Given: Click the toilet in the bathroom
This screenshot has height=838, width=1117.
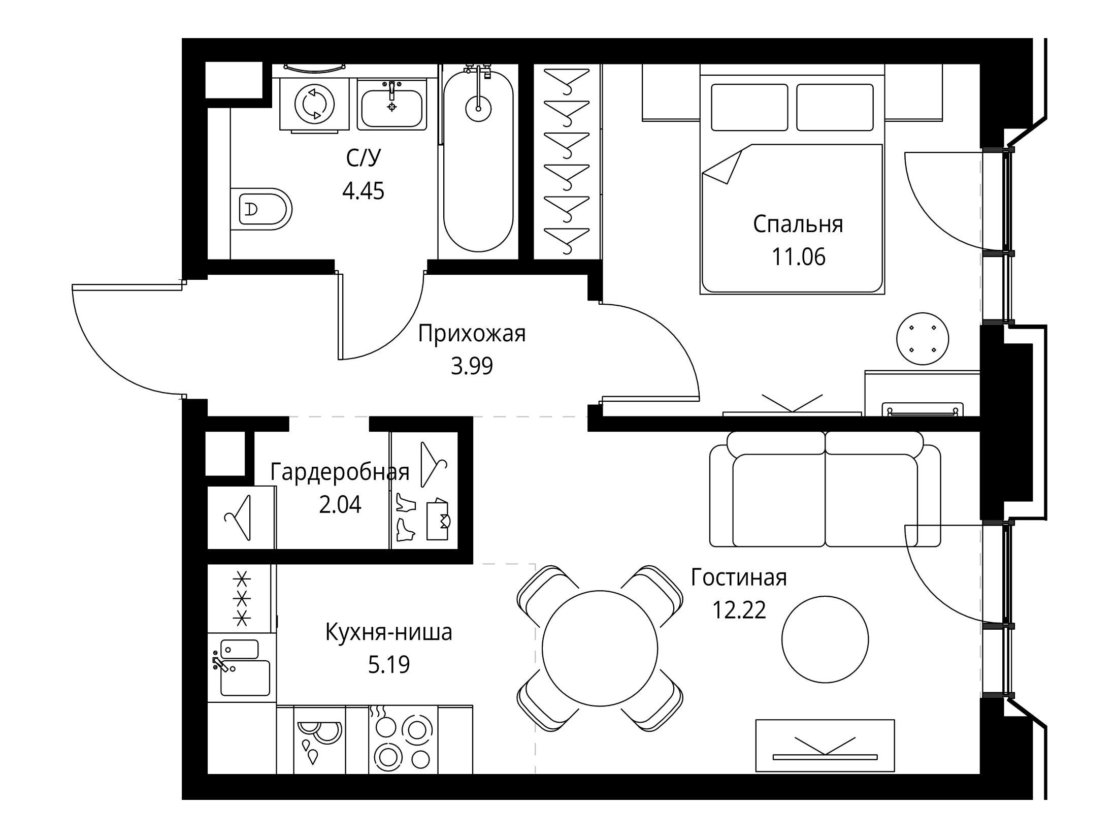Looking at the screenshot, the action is click(x=261, y=209).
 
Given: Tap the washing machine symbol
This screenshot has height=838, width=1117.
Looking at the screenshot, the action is click(x=315, y=105).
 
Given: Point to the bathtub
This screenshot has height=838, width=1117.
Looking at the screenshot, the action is click(x=478, y=160).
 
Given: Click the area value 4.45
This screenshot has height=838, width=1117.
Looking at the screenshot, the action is click(x=363, y=191).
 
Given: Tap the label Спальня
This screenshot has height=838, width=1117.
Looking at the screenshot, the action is click(x=798, y=224).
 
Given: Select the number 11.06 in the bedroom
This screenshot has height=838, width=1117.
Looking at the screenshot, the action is click(x=799, y=257).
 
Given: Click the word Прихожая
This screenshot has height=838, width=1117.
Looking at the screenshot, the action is click(x=472, y=335).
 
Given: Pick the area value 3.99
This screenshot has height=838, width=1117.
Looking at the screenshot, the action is click(x=472, y=366).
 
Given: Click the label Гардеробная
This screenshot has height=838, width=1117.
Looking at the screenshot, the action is click(x=340, y=472).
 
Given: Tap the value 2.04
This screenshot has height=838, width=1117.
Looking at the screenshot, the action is click(x=340, y=505).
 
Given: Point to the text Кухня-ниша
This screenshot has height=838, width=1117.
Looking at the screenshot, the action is click(x=388, y=633).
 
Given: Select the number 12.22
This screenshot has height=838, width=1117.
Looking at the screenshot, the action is click(x=739, y=610).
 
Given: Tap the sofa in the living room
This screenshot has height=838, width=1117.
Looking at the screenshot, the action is click(x=825, y=489).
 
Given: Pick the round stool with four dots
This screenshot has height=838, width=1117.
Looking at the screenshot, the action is click(x=923, y=339).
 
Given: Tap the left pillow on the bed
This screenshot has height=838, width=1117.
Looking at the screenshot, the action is click(x=749, y=107).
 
